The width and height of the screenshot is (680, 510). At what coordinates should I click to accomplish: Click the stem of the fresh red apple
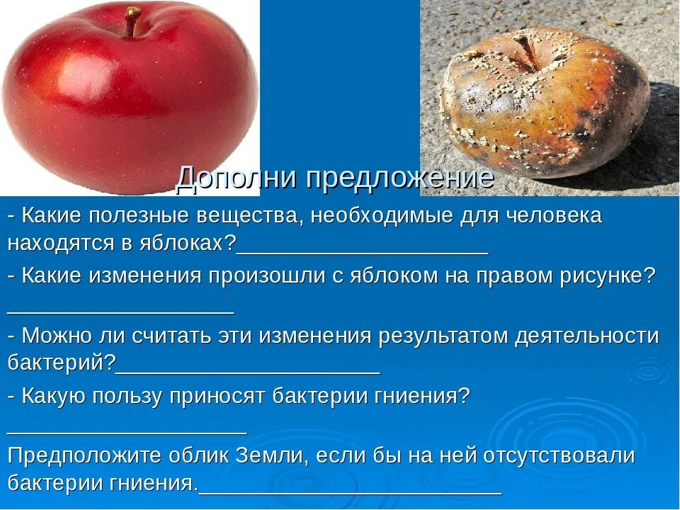pos(132,21)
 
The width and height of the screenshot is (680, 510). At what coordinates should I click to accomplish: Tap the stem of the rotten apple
pos(524,50)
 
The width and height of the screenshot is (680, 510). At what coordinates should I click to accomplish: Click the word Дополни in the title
pos(237,177)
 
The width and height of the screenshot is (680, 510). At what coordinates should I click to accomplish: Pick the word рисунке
pos(601,276)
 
